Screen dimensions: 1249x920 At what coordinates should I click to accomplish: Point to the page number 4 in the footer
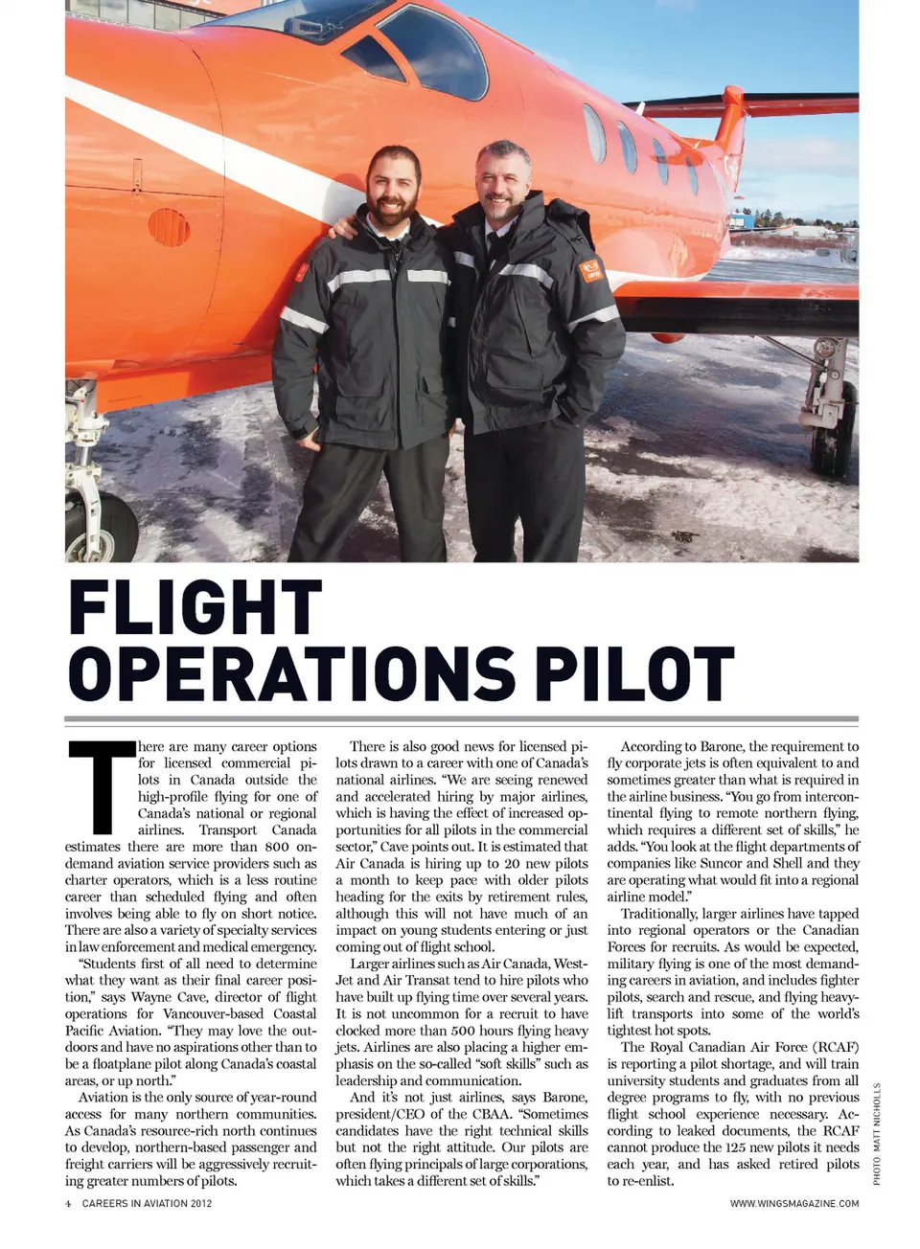click(x=68, y=1203)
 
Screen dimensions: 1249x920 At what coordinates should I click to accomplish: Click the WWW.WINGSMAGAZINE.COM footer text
click(x=793, y=1203)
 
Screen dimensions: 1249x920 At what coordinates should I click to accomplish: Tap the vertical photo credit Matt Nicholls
click(x=876, y=1134)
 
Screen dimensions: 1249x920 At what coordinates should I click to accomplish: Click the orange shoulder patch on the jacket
click(x=590, y=269)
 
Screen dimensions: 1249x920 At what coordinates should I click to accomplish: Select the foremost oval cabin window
click(x=595, y=133)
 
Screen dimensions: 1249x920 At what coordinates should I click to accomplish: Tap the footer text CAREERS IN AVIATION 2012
click(x=147, y=1203)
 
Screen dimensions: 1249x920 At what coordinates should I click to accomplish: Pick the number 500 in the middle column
click(x=465, y=1031)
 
